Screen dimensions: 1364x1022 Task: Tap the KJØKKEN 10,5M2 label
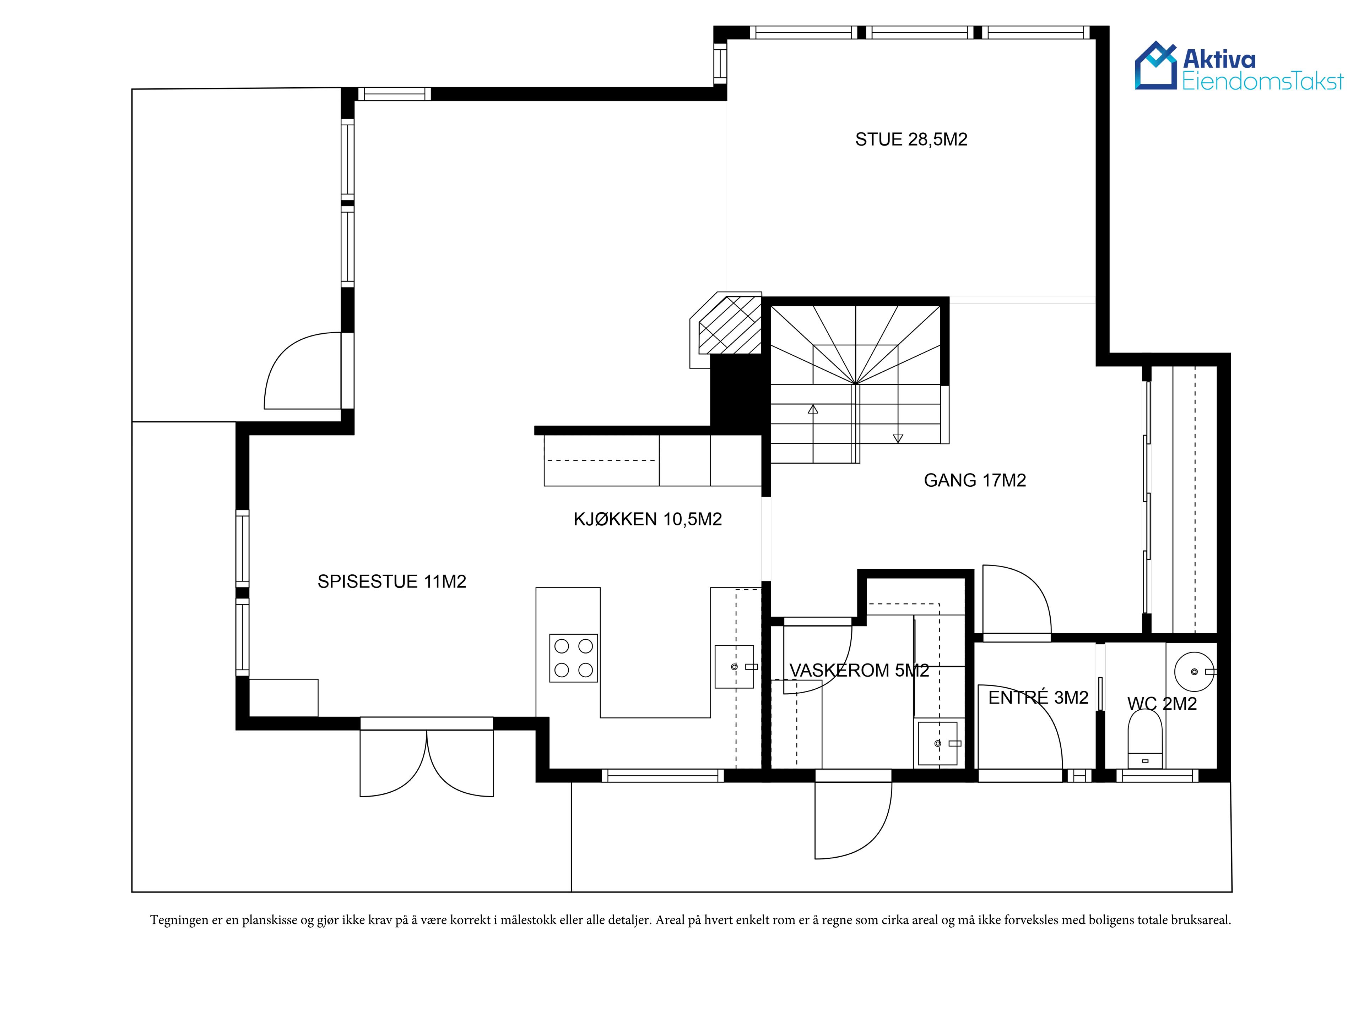coord(648,520)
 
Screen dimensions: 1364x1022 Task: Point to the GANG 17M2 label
coord(975,481)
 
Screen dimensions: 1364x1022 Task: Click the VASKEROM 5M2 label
coord(859,671)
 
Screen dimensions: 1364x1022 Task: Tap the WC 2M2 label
coord(1162,704)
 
